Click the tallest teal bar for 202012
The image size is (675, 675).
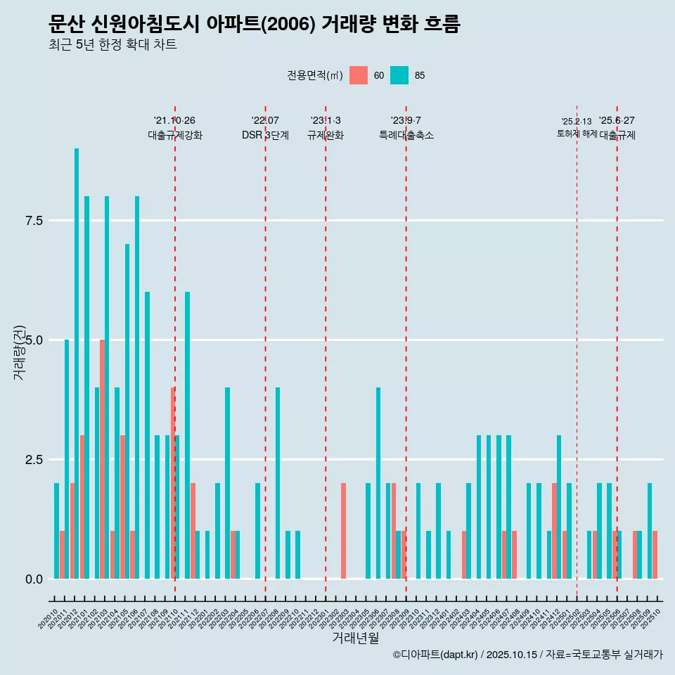[77, 364]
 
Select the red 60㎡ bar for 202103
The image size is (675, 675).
[102, 459]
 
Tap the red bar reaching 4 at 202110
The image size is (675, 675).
[172, 483]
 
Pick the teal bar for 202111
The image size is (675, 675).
[187, 435]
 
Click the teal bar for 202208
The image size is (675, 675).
[278, 483]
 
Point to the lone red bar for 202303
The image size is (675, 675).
[343, 531]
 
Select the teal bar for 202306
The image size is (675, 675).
[378, 483]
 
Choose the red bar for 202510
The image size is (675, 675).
[655, 555]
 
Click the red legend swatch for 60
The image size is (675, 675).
[359, 75]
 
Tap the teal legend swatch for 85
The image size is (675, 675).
[399, 75]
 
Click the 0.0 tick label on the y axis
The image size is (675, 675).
[34, 579]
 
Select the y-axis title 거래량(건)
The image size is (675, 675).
[20, 352]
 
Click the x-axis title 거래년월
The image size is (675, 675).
[355, 638]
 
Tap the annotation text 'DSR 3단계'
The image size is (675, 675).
[265, 136]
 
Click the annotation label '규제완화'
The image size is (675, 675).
[326, 136]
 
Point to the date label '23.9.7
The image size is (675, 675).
[406, 120]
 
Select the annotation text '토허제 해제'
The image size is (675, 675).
[577, 134]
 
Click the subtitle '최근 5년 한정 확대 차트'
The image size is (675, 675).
[112, 45]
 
